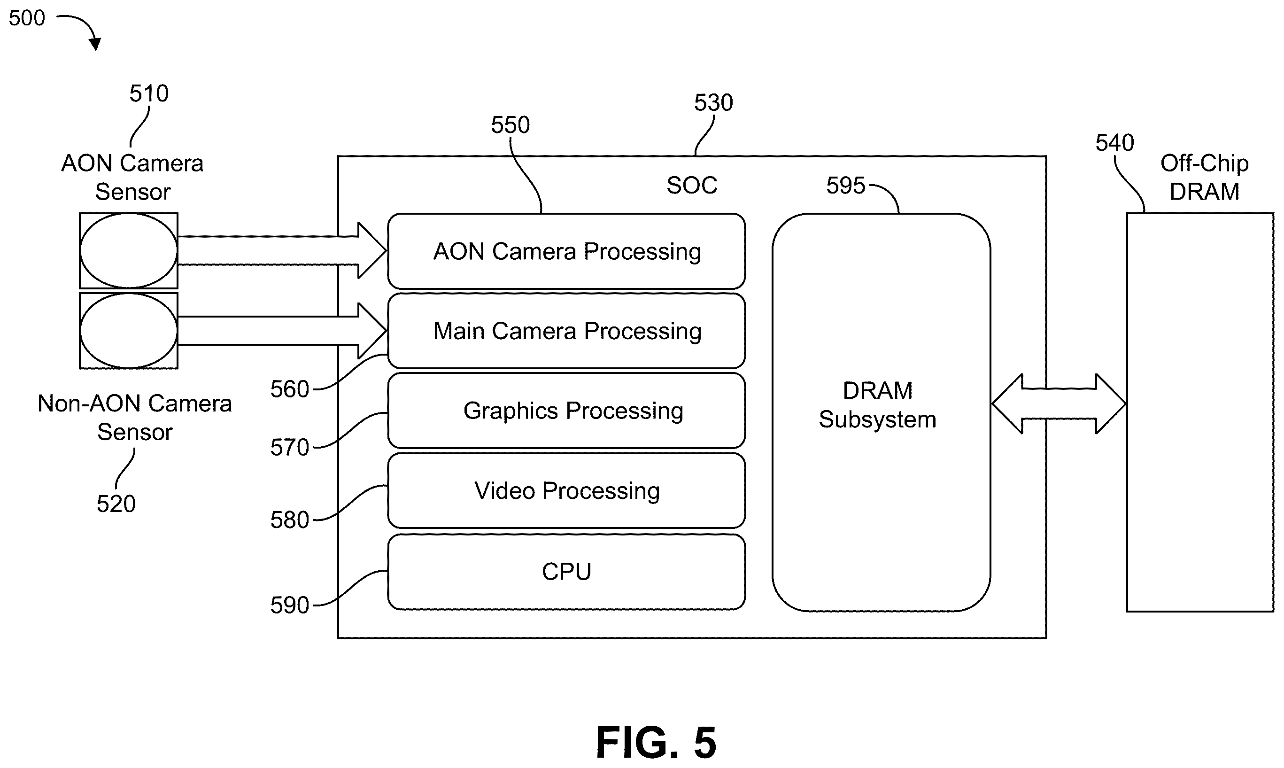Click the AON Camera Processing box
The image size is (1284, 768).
pos(566,251)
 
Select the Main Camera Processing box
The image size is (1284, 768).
pos(566,331)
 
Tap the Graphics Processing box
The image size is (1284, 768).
pos(566,411)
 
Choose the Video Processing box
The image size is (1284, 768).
pos(566,490)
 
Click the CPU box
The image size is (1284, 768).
pos(566,572)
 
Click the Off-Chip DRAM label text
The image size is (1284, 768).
pos(1204,178)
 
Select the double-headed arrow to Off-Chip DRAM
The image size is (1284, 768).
pos(1059,403)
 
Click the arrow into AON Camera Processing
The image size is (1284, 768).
pos(282,250)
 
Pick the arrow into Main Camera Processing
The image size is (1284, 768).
pos(282,330)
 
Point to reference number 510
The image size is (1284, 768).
pos(149,93)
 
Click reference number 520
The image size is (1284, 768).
pos(116,504)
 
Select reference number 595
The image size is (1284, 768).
pos(845,185)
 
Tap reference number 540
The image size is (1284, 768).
pos(1115,142)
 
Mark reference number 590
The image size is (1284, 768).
pos(290,605)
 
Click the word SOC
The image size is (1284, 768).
pos(692,185)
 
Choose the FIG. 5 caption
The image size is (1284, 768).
pos(656,742)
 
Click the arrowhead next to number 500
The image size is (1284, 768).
pos(95,45)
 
